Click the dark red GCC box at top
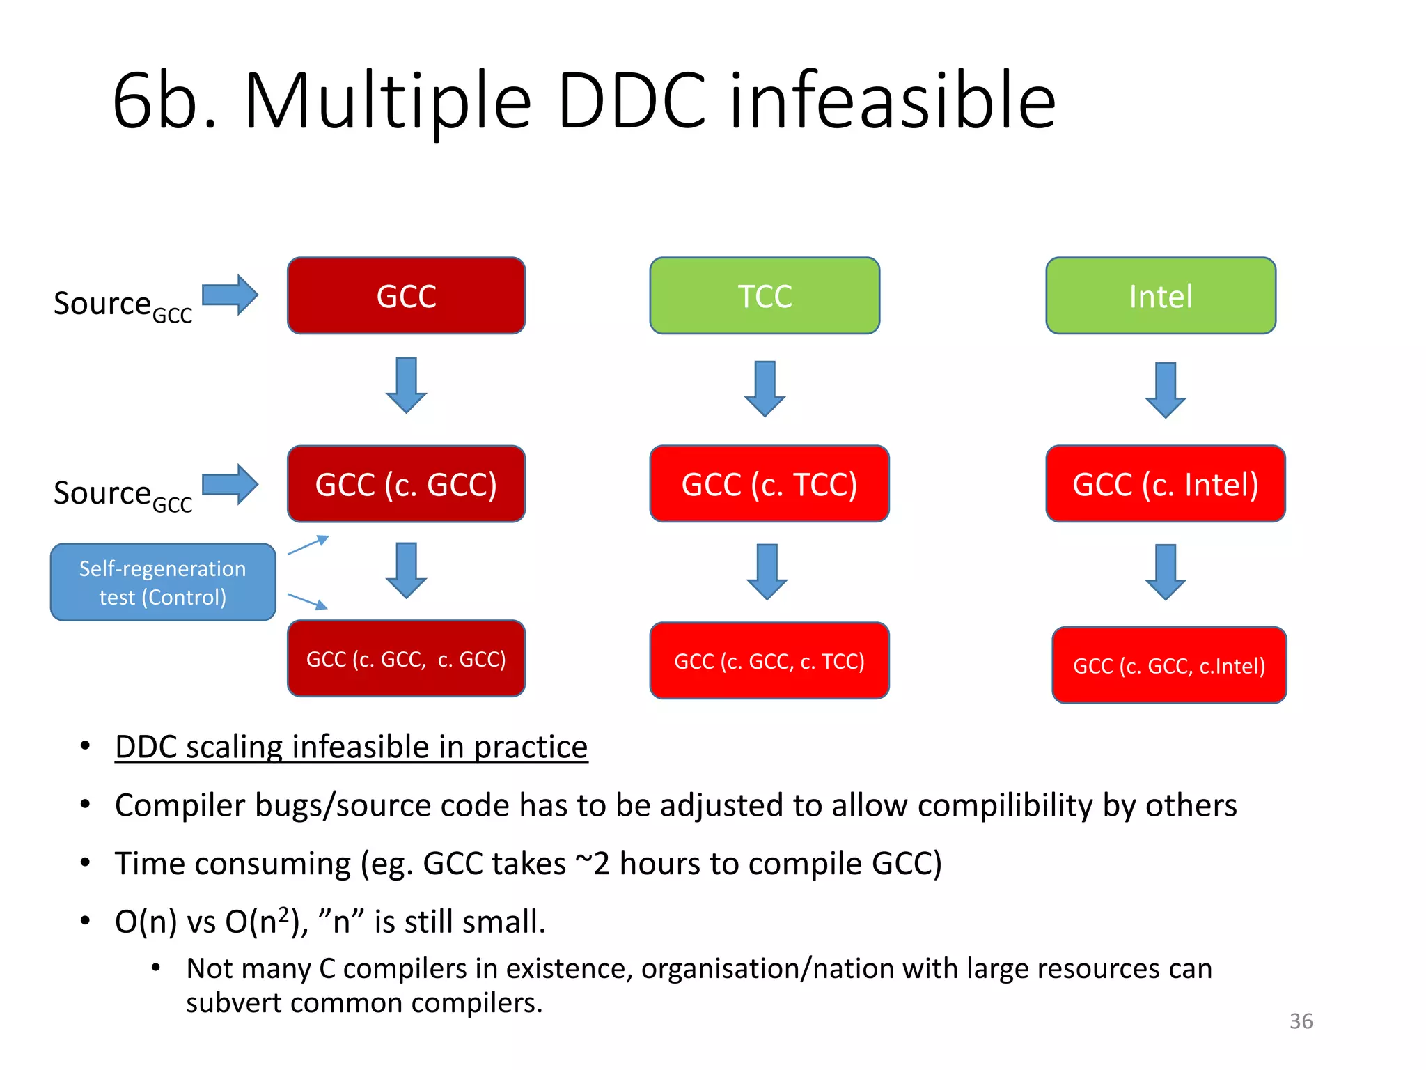pos(406,296)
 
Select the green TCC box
pos(765,296)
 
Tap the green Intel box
pos(1161,296)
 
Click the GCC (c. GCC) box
pos(406,484)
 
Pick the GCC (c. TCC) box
pos(769,484)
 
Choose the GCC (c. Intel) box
pos(1165,484)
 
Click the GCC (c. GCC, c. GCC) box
pos(406,658)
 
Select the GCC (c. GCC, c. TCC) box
pos(769,660)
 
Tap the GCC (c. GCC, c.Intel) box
pos(1168,665)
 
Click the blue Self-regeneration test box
pos(163,582)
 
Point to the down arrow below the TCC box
pos(765,389)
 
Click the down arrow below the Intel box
pos(1165,390)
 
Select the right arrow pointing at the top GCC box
pos(230,295)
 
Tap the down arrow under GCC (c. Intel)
pos(1165,572)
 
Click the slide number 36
pos(1301,1021)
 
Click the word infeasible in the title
pos(893,102)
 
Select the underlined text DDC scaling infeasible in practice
pos(351,747)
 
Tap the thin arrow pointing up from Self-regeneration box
pos(308,545)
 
